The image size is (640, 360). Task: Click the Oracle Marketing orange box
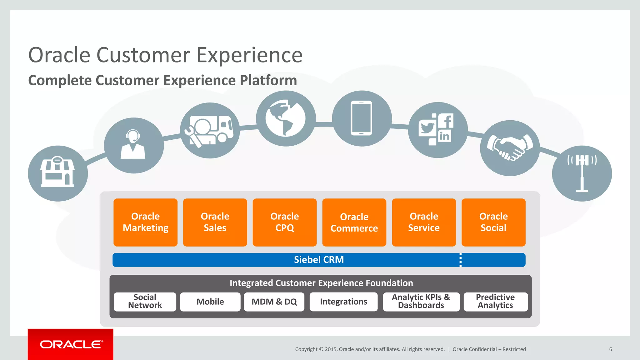click(145, 222)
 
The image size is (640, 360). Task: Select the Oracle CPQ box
click(284, 222)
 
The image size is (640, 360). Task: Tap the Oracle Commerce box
click(354, 222)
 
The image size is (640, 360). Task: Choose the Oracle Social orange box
click(493, 222)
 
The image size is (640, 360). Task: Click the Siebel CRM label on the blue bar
click(319, 260)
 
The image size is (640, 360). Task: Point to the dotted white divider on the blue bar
click(460, 260)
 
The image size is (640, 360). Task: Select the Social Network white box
click(145, 302)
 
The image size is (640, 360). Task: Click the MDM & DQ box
click(274, 302)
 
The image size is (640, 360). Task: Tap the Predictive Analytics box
click(495, 302)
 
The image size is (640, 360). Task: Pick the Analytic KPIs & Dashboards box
click(421, 302)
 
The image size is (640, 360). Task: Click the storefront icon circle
click(58, 173)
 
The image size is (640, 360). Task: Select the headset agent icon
click(133, 145)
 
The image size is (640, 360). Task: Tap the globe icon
click(285, 118)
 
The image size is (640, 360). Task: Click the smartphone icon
click(362, 118)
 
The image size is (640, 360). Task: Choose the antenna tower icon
click(582, 173)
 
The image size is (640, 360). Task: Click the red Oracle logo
click(71, 344)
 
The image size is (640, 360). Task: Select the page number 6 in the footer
click(610, 349)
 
